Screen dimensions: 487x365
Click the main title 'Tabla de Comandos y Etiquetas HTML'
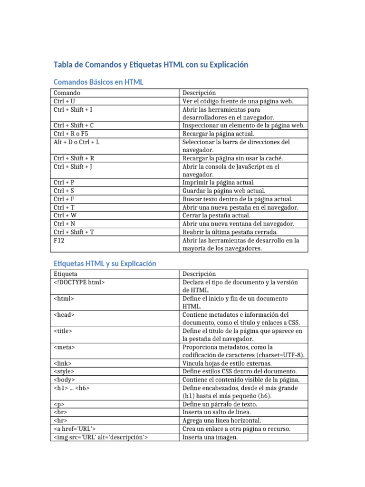pyautogui.click(x=151, y=65)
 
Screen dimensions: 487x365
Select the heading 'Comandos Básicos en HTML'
pyautogui.click(x=98, y=82)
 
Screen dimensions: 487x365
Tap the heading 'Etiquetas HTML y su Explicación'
pyautogui.click(x=105, y=263)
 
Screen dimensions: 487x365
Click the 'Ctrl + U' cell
pyautogui.click(x=64, y=101)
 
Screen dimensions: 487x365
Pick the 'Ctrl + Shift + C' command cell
pyautogui.click(x=74, y=126)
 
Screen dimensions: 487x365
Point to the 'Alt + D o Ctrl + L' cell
pyautogui.click(x=77, y=142)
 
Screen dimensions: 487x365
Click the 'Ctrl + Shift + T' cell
pyautogui.click(x=74, y=232)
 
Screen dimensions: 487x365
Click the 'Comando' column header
pyautogui.click(x=67, y=93)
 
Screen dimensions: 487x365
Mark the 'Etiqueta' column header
pyautogui.click(x=66, y=274)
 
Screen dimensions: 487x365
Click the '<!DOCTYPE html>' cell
pyautogui.click(x=79, y=282)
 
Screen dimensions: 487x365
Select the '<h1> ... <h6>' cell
pyautogui.click(x=72, y=388)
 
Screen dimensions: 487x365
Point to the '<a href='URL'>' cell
pyautogui.click(x=76, y=429)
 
